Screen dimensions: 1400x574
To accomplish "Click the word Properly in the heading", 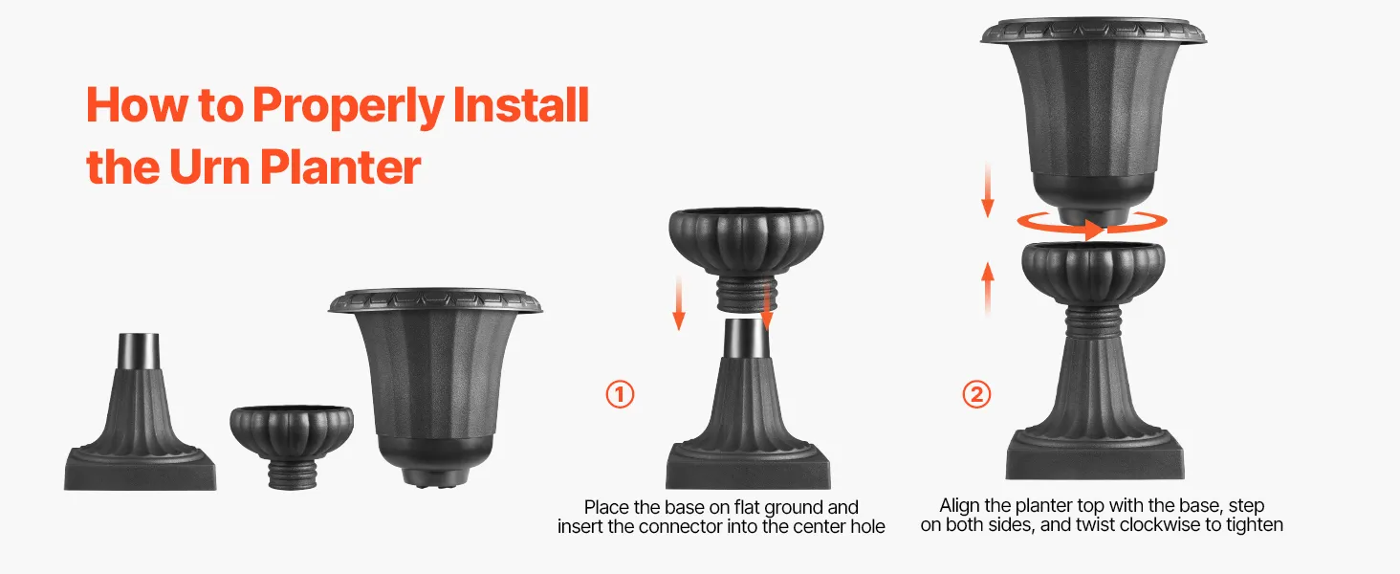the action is click(x=348, y=105).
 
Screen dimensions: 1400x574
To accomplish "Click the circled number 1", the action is click(x=620, y=394).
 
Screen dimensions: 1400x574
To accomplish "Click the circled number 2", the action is click(x=976, y=394).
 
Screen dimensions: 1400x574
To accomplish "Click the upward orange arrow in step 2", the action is click(x=988, y=288).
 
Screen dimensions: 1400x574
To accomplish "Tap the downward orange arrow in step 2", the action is click(x=988, y=189).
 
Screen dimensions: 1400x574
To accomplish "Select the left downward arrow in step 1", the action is click(x=679, y=304).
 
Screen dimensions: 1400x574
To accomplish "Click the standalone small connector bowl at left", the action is click(x=292, y=446).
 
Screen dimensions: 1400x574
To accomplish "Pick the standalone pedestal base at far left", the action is click(x=140, y=412).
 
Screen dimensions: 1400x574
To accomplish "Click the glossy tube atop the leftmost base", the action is click(x=139, y=351).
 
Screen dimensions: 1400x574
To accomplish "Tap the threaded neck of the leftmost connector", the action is click(x=292, y=475).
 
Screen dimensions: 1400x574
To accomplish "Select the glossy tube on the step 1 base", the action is click(x=747, y=338).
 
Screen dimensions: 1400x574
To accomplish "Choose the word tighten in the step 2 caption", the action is click(x=1255, y=525).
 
